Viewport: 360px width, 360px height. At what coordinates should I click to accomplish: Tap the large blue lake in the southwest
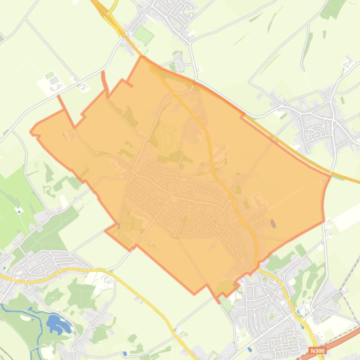(x=56, y=323)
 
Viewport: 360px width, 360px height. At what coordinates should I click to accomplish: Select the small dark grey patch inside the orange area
(x=273, y=223)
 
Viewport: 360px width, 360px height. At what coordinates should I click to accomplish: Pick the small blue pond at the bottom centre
(x=125, y=353)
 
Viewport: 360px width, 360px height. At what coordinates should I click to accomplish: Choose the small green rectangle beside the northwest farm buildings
(x=49, y=75)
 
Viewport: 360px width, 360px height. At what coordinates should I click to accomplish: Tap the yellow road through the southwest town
(x=70, y=270)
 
